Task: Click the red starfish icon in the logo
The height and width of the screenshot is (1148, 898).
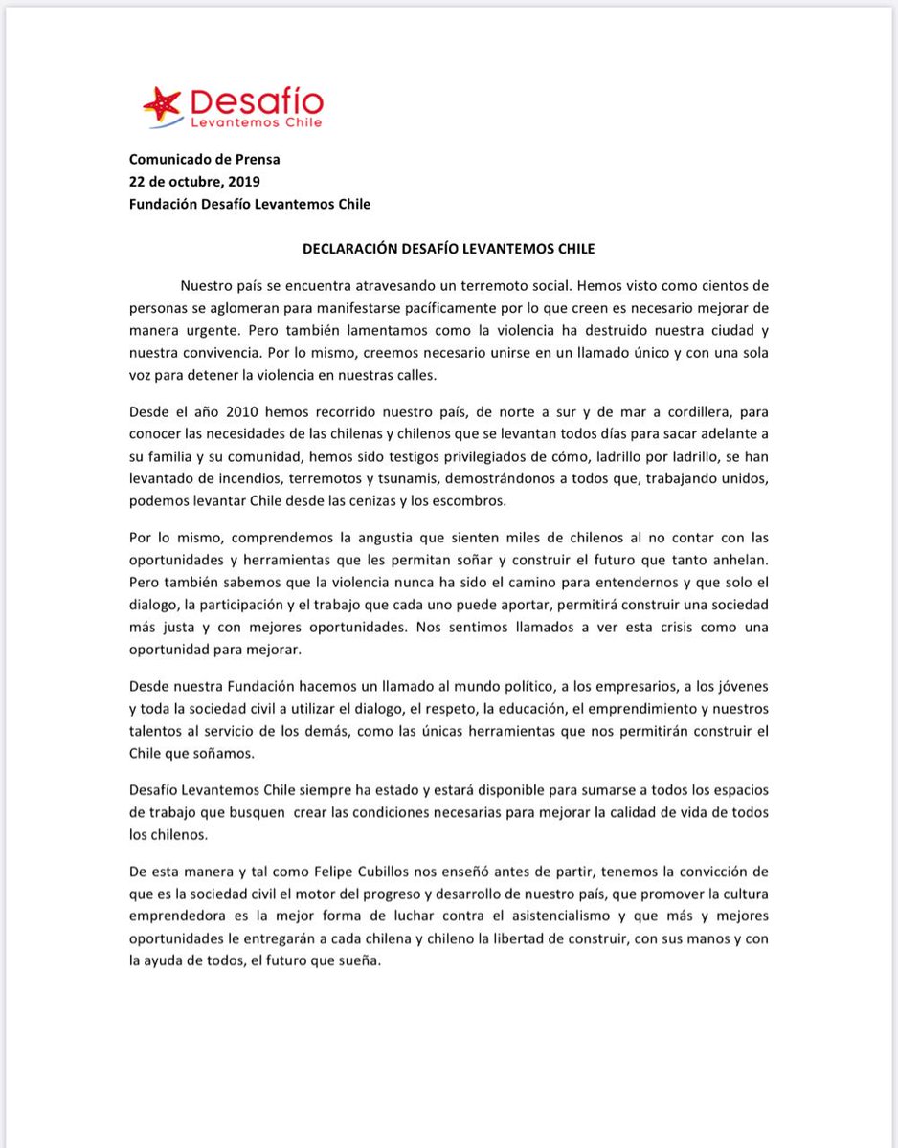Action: click(x=160, y=103)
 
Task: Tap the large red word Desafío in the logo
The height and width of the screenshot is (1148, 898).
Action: click(x=257, y=100)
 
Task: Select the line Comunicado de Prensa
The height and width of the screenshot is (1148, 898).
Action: click(x=205, y=160)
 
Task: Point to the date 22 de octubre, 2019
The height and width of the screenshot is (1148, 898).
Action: click(x=194, y=182)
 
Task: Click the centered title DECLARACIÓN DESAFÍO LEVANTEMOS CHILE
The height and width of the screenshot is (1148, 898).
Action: click(x=448, y=249)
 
